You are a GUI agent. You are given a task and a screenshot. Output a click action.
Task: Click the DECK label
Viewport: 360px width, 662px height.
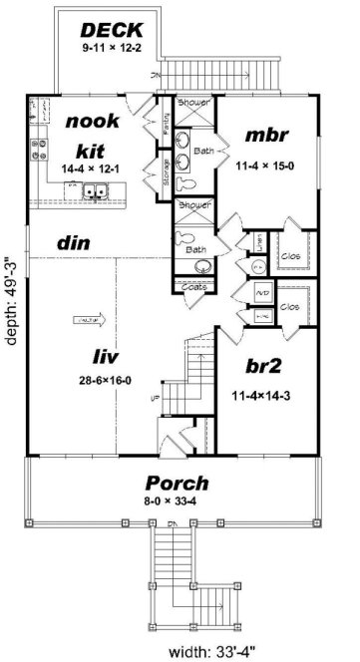pos(113,29)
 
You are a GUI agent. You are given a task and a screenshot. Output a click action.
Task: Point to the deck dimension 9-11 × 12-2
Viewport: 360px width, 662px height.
pos(113,46)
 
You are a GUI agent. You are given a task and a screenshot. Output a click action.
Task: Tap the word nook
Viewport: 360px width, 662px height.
pos(93,122)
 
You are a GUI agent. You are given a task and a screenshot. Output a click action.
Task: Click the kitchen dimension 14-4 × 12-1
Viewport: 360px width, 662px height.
pos(93,170)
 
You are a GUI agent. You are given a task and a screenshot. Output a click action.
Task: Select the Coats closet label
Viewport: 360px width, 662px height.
pos(195,287)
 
